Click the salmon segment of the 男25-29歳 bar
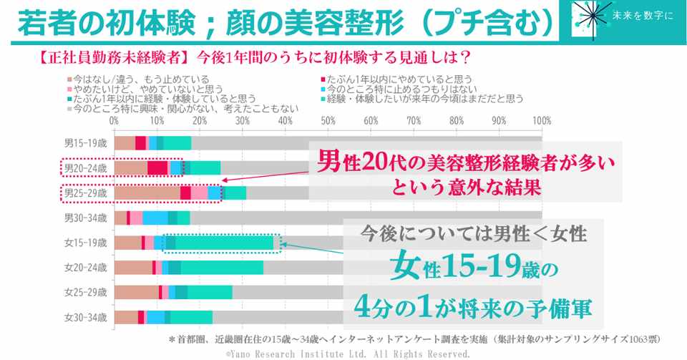[x=147, y=193]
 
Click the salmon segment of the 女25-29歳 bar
[x=136, y=292]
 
